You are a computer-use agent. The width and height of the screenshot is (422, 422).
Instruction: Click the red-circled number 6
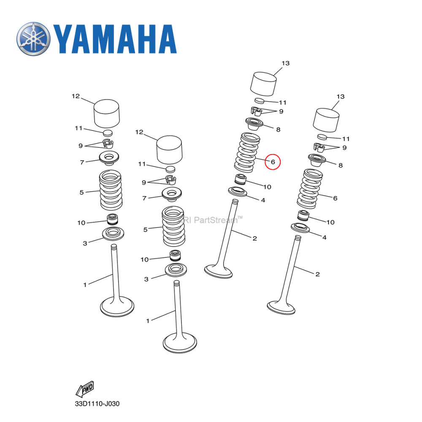(x=273, y=162)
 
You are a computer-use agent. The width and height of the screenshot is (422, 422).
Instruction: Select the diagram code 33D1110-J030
(x=97, y=404)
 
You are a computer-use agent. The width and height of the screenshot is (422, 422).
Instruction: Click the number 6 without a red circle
(x=335, y=198)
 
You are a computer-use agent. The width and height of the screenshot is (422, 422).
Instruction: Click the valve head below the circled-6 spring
(x=218, y=271)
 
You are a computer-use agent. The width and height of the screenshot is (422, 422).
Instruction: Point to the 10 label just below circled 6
(x=267, y=187)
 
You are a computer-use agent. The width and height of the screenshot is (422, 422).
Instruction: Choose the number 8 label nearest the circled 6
(x=278, y=130)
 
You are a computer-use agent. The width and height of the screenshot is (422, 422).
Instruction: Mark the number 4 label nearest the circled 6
(x=263, y=200)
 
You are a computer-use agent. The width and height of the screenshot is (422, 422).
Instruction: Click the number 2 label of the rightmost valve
(x=317, y=274)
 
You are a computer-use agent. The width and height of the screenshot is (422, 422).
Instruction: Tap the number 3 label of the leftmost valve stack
(x=85, y=243)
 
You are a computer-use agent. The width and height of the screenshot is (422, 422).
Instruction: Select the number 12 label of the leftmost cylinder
(x=76, y=96)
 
